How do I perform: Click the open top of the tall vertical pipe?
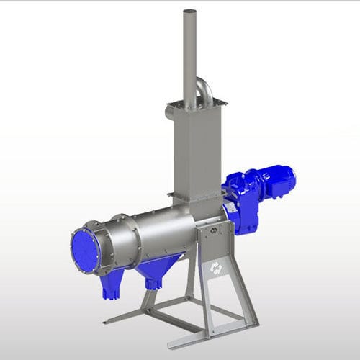pos(190,12)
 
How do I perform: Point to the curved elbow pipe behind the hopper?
pos(204,89)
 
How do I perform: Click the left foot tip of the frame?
pos(107,321)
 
